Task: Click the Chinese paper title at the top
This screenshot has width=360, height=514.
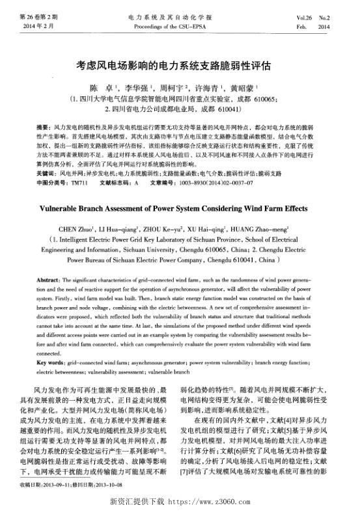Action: (x=179, y=66)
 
